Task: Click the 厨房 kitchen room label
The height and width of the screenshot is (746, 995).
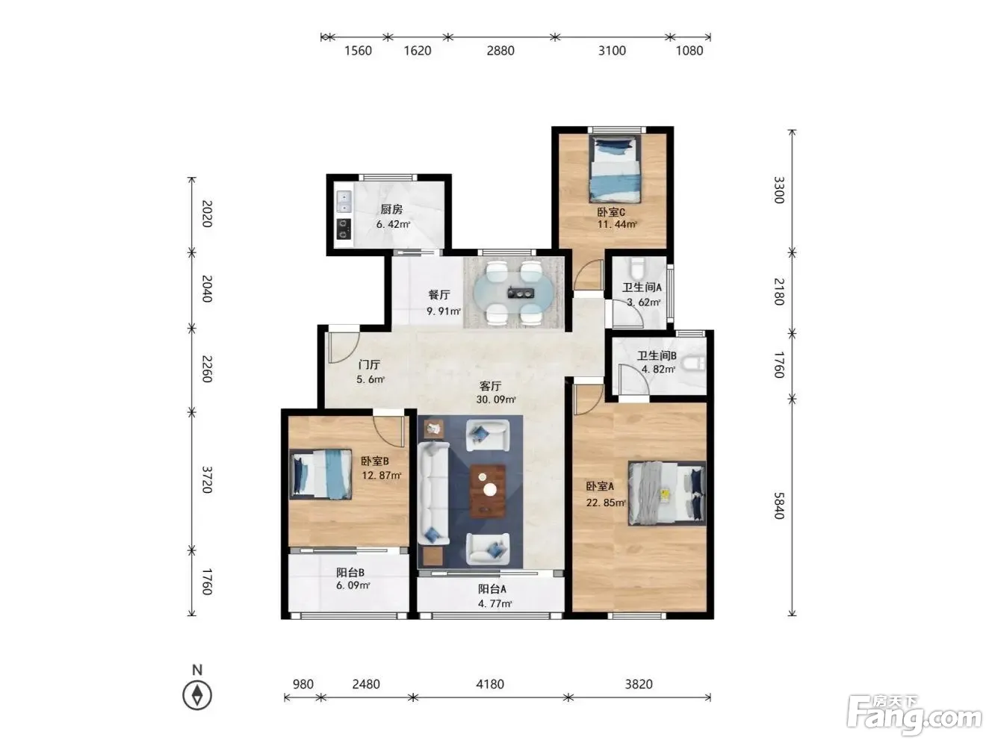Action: [x=391, y=209]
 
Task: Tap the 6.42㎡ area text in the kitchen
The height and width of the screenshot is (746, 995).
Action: [x=393, y=224]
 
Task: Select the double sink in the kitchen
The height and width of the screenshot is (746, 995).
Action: [x=344, y=202]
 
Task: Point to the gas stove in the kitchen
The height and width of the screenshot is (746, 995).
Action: [x=344, y=229]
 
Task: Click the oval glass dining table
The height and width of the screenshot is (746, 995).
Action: [x=514, y=293]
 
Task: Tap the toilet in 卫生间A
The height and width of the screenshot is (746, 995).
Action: [x=637, y=267]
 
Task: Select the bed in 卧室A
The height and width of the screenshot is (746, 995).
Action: [x=666, y=494]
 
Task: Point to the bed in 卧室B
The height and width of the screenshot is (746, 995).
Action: [x=320, y=474]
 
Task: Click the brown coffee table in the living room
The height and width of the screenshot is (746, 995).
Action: [x=488, y=491]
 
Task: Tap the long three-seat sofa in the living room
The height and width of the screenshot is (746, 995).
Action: [x=433, y=493]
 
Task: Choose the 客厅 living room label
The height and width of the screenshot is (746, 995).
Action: [x=490, y=386]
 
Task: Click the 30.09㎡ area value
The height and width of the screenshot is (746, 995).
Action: [x=496, y=400]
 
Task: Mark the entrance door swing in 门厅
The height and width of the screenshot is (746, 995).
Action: [x=343, y=347]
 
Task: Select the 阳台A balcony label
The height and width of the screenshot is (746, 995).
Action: [x=492, y=589]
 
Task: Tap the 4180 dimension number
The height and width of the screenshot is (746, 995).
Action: [x=490, y=684]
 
